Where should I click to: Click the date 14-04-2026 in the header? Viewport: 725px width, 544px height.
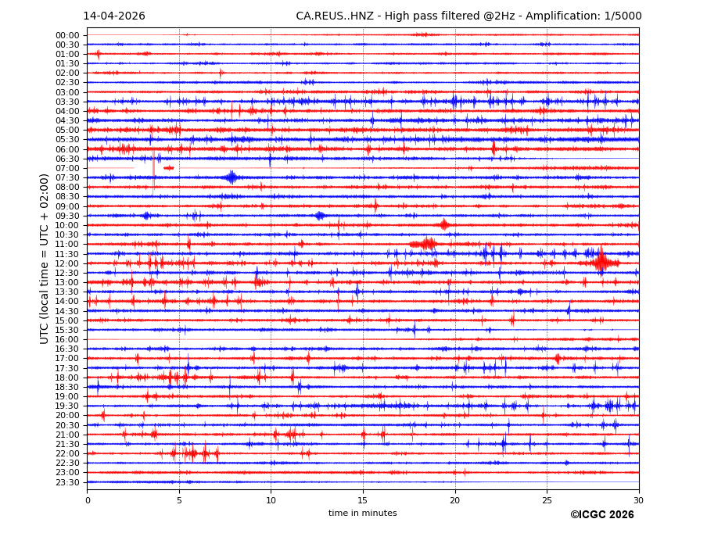114,16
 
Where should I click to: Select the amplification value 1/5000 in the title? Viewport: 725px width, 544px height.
623,16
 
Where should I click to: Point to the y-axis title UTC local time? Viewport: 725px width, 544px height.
45,259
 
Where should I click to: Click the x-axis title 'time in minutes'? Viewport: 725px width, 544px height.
362,514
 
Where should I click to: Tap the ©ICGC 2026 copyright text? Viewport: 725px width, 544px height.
601,515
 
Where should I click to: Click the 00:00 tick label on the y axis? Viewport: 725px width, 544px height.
67,35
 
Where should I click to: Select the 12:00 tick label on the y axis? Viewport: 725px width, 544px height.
67,263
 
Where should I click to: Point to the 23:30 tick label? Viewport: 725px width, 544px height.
67,482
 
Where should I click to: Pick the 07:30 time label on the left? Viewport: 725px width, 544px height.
67,177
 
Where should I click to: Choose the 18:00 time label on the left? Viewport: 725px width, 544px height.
67,378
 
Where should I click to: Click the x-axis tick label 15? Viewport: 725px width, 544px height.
363,500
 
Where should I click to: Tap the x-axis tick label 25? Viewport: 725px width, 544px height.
547,500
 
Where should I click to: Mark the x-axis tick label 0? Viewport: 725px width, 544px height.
88,500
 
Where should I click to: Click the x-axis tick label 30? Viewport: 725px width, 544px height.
638,500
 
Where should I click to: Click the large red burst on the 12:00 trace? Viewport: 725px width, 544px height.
601,262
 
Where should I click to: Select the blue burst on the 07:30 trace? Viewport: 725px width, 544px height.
231,177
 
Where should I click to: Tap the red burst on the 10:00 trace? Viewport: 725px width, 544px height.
444,225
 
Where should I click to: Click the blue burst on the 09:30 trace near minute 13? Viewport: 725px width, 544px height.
319,216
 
